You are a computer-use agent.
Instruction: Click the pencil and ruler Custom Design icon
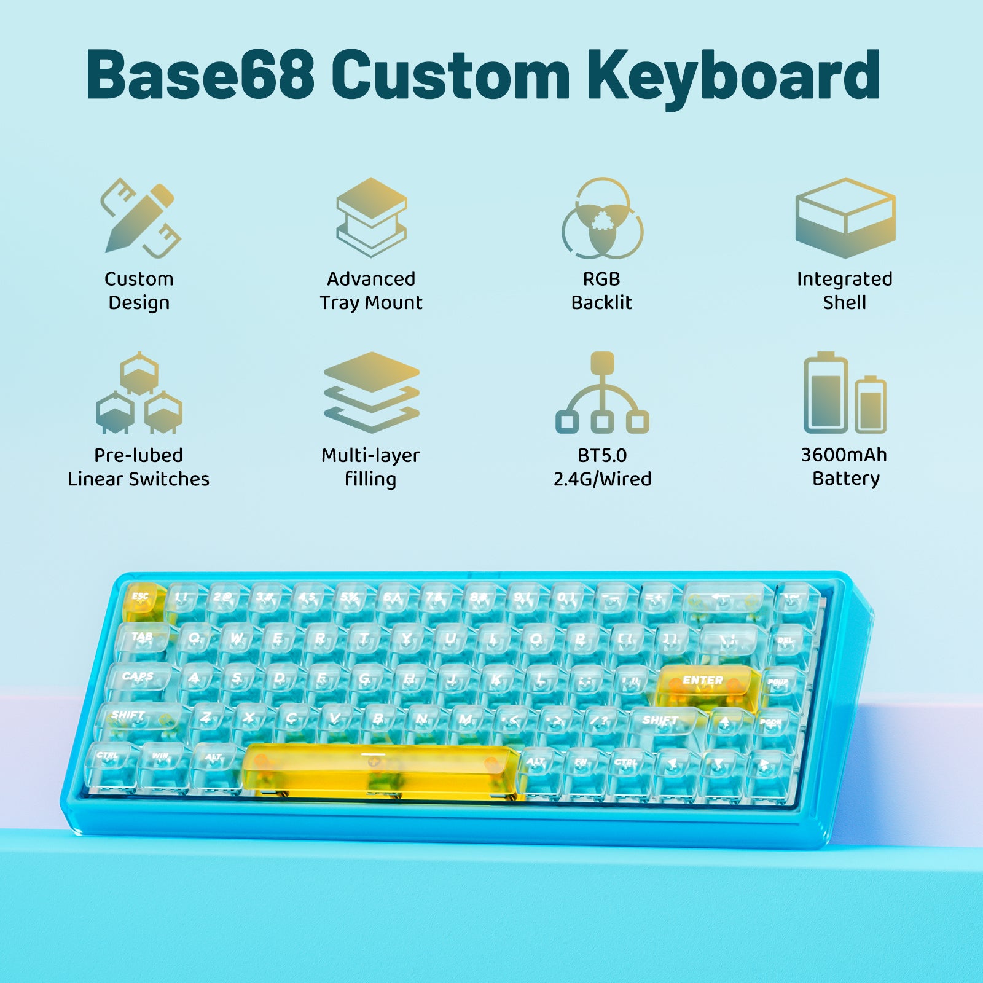(140, 217)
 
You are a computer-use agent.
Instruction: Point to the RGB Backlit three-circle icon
(602, 218)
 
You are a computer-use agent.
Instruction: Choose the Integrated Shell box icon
(845, 217)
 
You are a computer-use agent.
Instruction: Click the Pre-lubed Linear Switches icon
(139, 393)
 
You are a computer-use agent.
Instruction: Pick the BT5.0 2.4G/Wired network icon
(602, 393)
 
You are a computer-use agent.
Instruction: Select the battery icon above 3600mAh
(845, 393)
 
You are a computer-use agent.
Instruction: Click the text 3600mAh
(844, 455)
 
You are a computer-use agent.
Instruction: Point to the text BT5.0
(602, 455)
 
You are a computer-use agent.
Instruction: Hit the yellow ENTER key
(705, 683)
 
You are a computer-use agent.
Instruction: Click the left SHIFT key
(136, 718)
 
